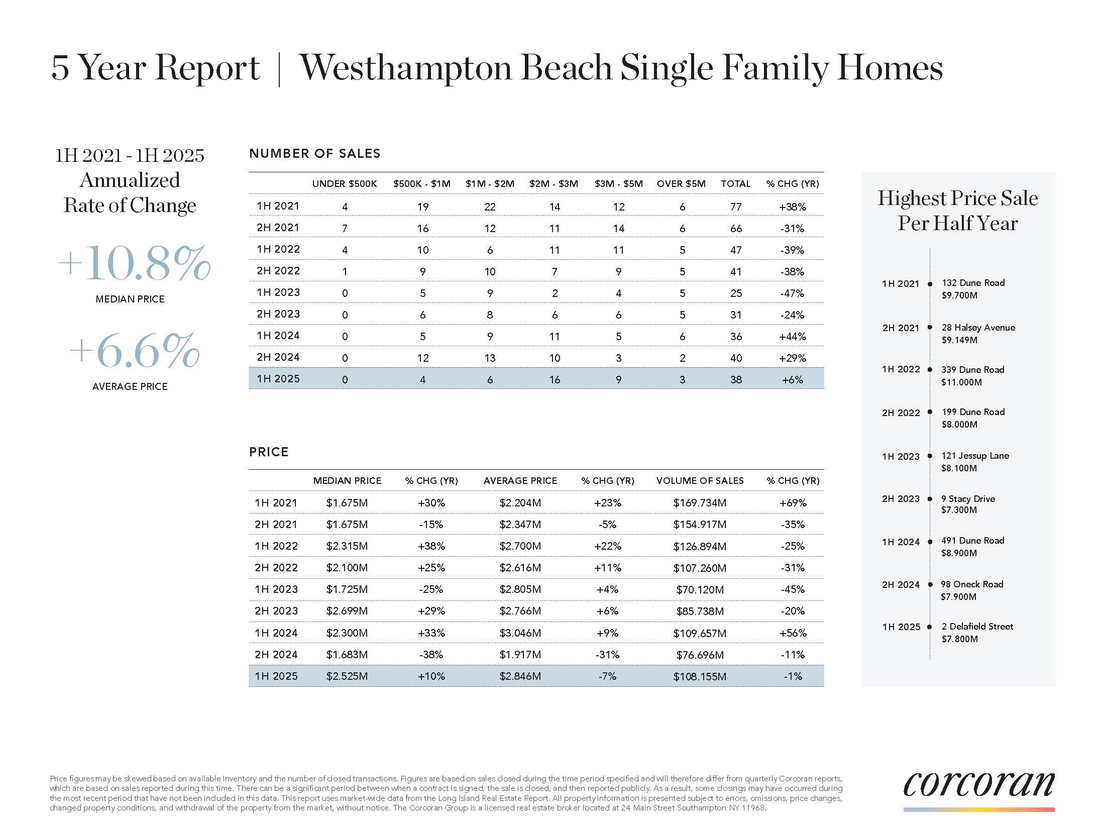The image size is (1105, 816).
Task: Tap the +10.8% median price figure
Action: [134, 264]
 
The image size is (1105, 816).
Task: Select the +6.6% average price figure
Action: [134, 350]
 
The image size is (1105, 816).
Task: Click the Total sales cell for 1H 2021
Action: [736, 207]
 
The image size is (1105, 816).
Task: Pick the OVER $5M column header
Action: [681, 184]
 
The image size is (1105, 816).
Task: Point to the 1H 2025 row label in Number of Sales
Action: [278, 379]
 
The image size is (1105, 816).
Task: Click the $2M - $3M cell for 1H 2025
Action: [554, 380]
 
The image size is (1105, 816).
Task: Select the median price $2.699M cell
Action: [347, 611]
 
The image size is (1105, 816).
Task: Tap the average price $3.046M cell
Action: [520, 633]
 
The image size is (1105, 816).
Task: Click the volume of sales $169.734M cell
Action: [699, 503]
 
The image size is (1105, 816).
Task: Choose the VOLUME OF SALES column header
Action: [700, 481]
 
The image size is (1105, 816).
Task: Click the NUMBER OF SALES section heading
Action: [314, 154]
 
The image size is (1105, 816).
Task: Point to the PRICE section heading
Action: [269, 452]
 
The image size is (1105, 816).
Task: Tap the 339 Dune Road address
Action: [972, 370]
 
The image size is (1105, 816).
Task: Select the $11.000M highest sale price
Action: [961, 382]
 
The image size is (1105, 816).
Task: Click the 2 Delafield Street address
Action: [977, 627]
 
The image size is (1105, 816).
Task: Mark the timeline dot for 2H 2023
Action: [930, 499]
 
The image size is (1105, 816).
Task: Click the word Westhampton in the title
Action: [405, 68]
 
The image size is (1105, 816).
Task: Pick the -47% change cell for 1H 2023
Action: [792, 293]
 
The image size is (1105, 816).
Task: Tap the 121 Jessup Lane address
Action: [975, 456]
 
